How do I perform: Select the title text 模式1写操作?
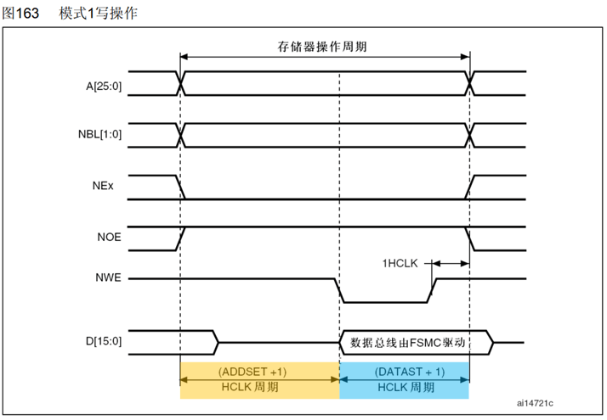click(x=99, y=14)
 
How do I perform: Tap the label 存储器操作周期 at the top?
click(x=325, y=48)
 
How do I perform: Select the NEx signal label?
click(x=110, y=187)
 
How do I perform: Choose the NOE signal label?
click(x=110, y=238)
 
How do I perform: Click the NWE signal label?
click(x=109, y=277)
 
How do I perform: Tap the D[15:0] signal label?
click(x=102, y=341)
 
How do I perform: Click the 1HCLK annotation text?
click(x=399, y=263)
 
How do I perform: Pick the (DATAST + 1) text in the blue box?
click(x=404, y=372)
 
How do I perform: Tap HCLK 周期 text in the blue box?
click(x=405, y=388)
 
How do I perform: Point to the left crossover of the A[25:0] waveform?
click(x=180, y=83)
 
